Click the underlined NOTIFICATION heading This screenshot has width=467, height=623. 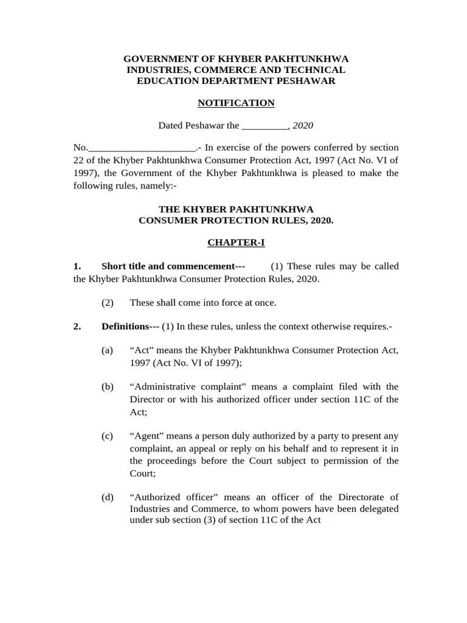[236, 103]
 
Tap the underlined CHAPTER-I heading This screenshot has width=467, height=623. [236, 242]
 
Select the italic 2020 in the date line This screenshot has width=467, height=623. [303, 126]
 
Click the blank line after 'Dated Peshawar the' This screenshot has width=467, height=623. [265, 127]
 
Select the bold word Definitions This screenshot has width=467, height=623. [125, 326]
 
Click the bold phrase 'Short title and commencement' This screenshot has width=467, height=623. [168, 266]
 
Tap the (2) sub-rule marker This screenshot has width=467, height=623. [108, 302]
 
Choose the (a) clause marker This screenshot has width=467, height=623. [107, 350]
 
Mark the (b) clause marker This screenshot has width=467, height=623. [108, 386]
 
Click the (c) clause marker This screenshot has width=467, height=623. [107, 436]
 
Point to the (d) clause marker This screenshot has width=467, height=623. [108, 498]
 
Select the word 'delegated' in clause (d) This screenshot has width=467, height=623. [379, 509]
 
